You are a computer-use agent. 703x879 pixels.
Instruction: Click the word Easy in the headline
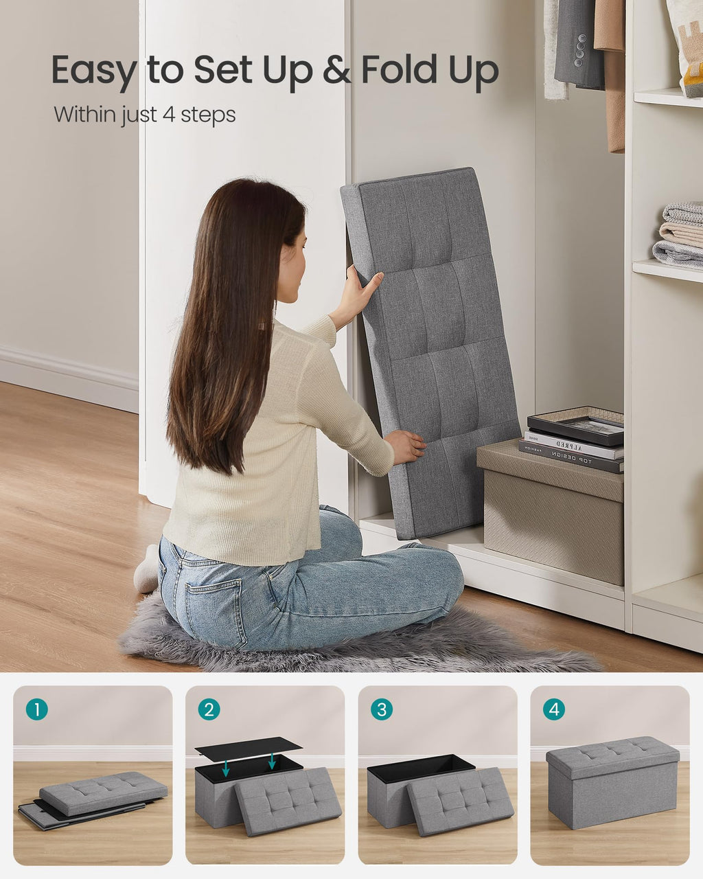coord(93,71)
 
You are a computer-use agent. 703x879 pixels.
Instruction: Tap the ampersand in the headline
coord(336,71)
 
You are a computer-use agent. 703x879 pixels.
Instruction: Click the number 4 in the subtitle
coord(169,114)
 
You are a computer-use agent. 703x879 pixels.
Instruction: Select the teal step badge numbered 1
coord(36,709)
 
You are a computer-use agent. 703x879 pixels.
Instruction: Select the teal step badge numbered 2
coord(209,709)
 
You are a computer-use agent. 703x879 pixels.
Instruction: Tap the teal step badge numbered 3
coord(381,709)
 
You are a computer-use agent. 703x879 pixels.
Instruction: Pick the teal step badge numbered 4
coord(553,709)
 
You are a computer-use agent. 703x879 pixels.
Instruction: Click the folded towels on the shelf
coord(680,233)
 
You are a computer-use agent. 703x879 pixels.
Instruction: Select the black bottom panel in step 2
coord(249,748)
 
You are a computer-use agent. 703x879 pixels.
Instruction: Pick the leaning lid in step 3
coord(460,800)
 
